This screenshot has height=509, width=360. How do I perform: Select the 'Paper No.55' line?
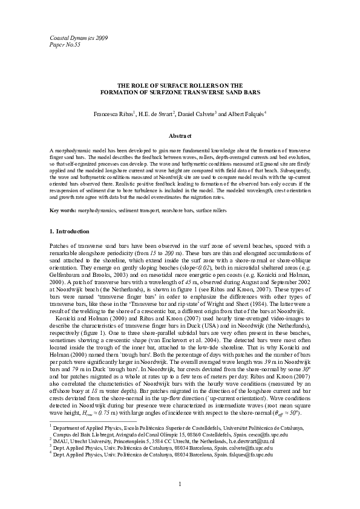tap(64, 45)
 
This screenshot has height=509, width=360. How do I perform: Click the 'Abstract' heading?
tap(180, 136)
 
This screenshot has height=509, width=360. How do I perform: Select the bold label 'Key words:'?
tap(63, 210)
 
